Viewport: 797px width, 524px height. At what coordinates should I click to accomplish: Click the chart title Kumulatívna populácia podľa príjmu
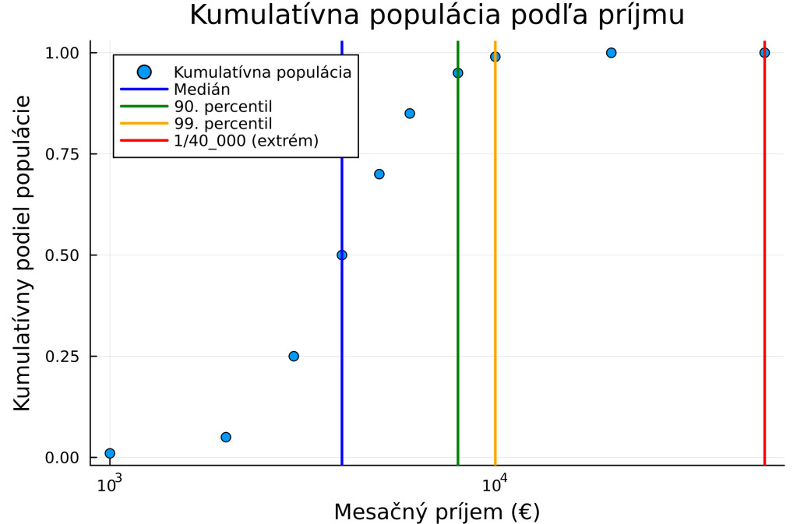436,16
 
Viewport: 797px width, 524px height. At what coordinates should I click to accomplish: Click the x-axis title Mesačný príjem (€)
436,512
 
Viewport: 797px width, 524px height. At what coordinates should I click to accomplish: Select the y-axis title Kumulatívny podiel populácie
23,253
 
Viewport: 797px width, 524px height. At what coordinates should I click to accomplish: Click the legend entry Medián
201,90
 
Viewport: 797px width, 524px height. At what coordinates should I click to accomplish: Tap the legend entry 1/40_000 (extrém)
245,140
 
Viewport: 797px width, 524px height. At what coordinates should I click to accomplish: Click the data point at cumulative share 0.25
294,356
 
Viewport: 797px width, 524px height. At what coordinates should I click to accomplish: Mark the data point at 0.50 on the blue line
341,255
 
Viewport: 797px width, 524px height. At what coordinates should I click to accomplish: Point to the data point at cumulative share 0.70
379,174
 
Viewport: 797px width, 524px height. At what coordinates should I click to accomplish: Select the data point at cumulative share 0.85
410,113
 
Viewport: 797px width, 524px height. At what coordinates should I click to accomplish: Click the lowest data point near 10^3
110,453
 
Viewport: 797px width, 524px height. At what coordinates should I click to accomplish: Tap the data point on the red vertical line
764,52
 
